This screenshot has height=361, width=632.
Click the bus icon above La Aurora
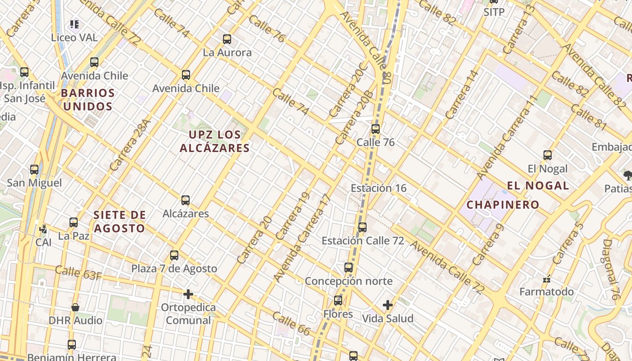coord(227,39)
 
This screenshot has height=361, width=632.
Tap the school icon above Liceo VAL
coord(74,24)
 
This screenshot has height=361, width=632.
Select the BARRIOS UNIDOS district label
coord(88,100)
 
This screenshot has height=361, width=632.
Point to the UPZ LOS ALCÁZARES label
coord(214,141)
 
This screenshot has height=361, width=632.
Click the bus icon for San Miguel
coord(34,170)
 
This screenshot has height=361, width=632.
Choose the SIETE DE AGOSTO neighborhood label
coord(120,221)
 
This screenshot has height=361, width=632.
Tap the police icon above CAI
coord(43,229)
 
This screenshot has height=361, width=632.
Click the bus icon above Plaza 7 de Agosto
coord(174,255)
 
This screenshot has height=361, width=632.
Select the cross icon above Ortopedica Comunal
coord(188,295)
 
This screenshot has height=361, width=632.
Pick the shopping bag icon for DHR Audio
coord(75,307)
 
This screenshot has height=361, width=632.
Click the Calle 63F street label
coord(78,273)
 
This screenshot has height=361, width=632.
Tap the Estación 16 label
coord(378,188)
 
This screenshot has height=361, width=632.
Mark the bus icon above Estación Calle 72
coord(362,227)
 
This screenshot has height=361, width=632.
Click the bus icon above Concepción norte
coord(349,268)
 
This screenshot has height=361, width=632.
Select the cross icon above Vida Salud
coord(388,305)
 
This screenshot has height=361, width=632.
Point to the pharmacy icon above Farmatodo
coord(547,279)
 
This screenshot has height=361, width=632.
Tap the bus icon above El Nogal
coord(548,156)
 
